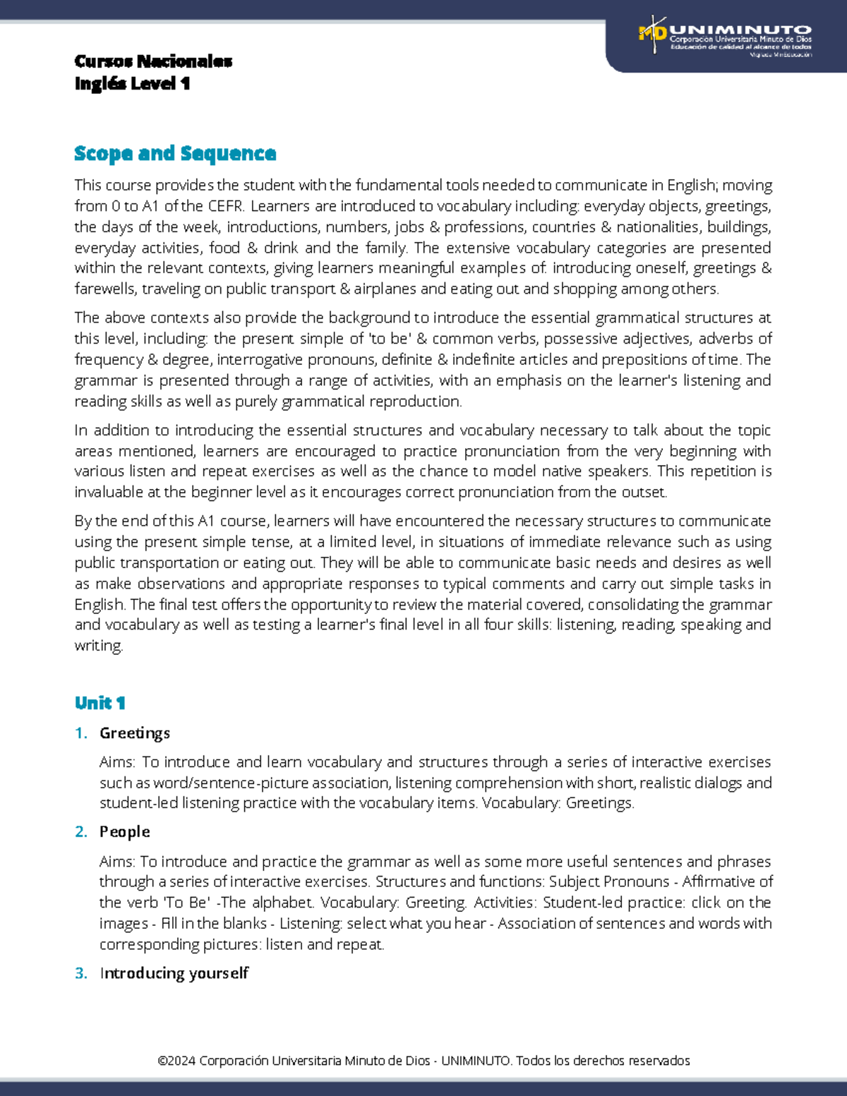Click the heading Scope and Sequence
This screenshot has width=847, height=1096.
click(x=175, y=153)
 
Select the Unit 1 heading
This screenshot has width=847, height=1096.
click(x=100, y=703)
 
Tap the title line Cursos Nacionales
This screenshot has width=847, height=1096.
click(x=153, y=61)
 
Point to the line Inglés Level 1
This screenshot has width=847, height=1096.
click(x=132, y=83)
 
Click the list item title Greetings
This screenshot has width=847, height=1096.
click(x=135, y=733)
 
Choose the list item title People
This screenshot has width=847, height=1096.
click(x=125, y=832)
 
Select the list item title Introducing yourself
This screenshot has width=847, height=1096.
click(x=174, y=973)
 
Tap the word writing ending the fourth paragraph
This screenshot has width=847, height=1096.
click(x=98, y=646)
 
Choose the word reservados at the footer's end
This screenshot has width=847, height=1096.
click(x=659, y=1061)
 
